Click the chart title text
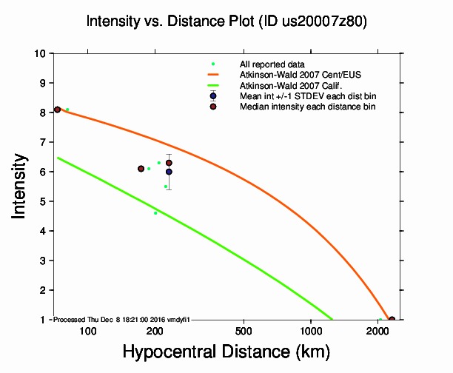coord(226,21)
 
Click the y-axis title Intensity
coord(21,186)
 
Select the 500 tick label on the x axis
coord(244,330)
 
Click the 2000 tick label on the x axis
coord(377,330)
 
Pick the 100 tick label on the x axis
coord(88,330)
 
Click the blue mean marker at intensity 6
coord(169,172)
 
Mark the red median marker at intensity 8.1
coord(57,110)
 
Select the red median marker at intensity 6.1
coord(141,169)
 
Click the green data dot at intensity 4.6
coord(155,213)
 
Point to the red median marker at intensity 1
coord(392,320)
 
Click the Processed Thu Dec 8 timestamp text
coord(122,319)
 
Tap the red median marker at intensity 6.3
coord(169,163)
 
